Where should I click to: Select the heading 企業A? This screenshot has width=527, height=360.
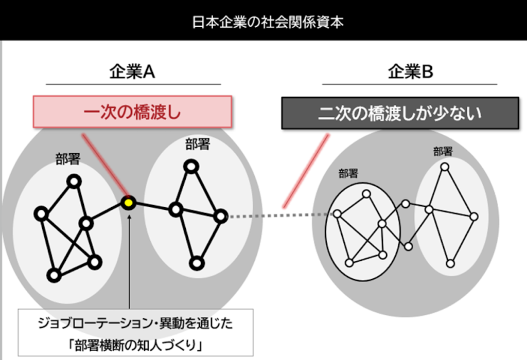[132, 73]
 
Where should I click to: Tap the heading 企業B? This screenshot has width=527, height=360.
[410, 73]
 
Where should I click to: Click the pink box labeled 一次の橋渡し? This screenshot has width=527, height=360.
[132, 112]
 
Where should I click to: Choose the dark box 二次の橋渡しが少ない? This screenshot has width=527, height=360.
[399, 113]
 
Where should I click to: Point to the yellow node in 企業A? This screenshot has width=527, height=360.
[128, 202]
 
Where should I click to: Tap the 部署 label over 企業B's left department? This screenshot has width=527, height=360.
[348, 173]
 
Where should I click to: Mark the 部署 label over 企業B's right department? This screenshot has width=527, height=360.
[443, 151]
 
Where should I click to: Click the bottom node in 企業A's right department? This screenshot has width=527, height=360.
[195, 263]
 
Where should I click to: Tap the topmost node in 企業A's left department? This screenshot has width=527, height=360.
[75, 182]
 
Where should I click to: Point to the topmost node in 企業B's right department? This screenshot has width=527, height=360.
[445, 167]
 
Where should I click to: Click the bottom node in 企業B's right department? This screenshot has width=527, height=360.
[450, 263]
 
